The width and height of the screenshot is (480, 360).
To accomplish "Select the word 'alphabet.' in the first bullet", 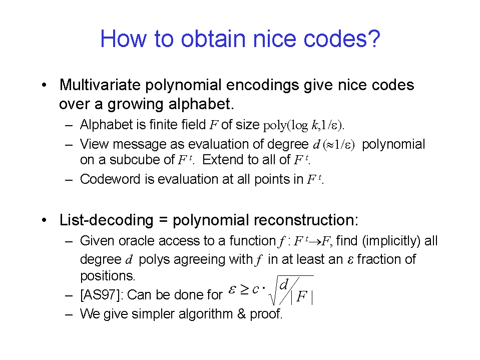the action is coord(201,104).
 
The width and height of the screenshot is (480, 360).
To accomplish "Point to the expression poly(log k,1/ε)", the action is coord(304,125).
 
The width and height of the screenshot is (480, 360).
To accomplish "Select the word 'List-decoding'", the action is coord(106,220).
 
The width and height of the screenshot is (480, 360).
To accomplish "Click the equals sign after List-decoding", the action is coord(163,220).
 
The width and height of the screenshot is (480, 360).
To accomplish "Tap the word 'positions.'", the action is coord(108,276).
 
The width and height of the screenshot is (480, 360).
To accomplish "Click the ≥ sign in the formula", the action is coord(244,289).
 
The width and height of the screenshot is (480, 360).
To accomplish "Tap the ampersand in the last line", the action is coord(242,314).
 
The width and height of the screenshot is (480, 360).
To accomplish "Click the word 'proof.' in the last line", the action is coord(266,314).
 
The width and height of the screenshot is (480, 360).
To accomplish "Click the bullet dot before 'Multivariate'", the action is coord(45,85).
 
